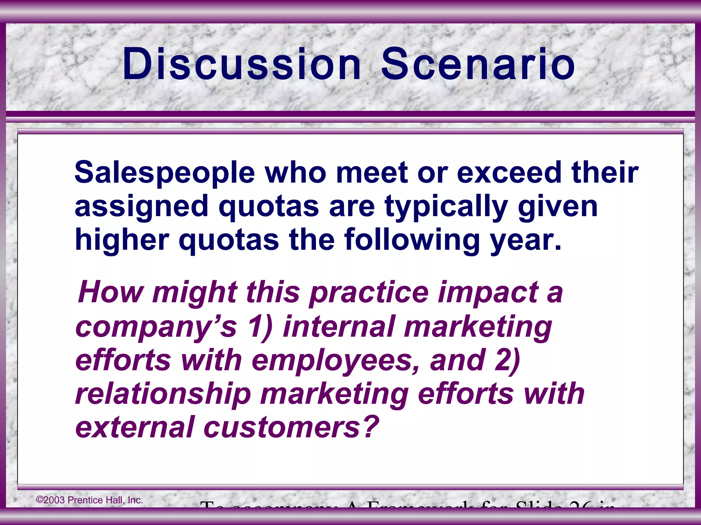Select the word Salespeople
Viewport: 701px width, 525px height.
165,173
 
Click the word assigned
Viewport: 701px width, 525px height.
141,207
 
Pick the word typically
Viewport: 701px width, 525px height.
446,207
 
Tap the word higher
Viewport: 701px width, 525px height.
122,240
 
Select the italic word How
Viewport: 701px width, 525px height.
111,292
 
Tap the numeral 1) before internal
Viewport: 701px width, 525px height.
260,327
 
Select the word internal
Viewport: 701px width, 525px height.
339,326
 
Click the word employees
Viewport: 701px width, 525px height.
336,361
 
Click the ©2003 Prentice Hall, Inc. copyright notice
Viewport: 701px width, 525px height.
90,500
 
